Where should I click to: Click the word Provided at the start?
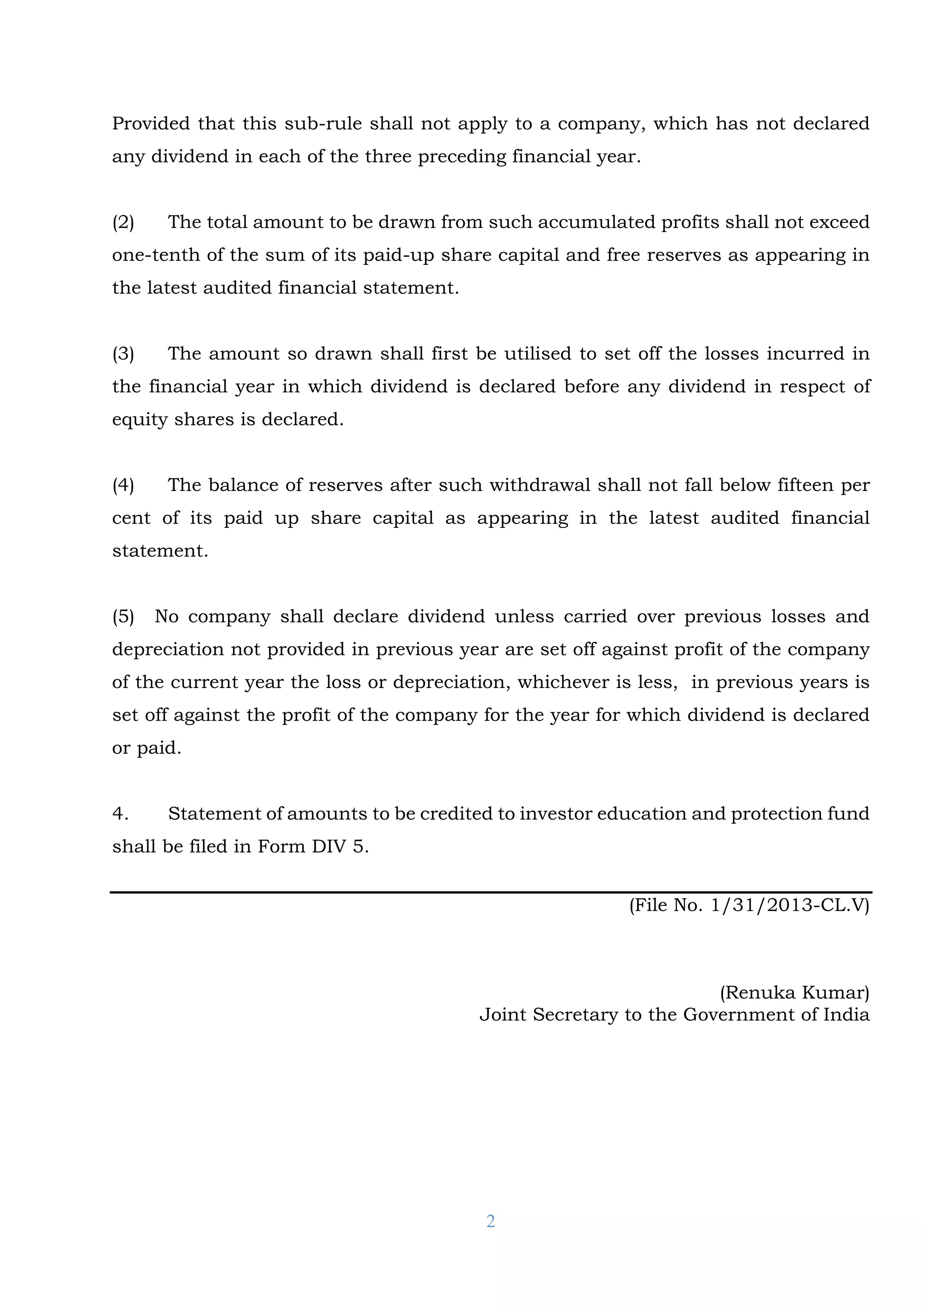[x=151, y=124]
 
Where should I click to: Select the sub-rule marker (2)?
[x=123, y=222]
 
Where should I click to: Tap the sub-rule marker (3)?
[x=123, y=354]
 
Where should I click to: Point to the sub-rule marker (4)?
[x=123, y=485]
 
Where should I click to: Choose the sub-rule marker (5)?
[x=123, y=617]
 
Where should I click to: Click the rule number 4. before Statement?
[x=120, y=814]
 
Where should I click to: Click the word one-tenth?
[x=156, y=255]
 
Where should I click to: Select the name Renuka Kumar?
[x=794, y=993]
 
